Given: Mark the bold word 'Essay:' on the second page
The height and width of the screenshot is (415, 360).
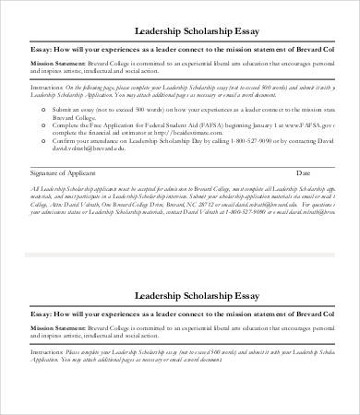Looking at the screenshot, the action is [x=42, y=314].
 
